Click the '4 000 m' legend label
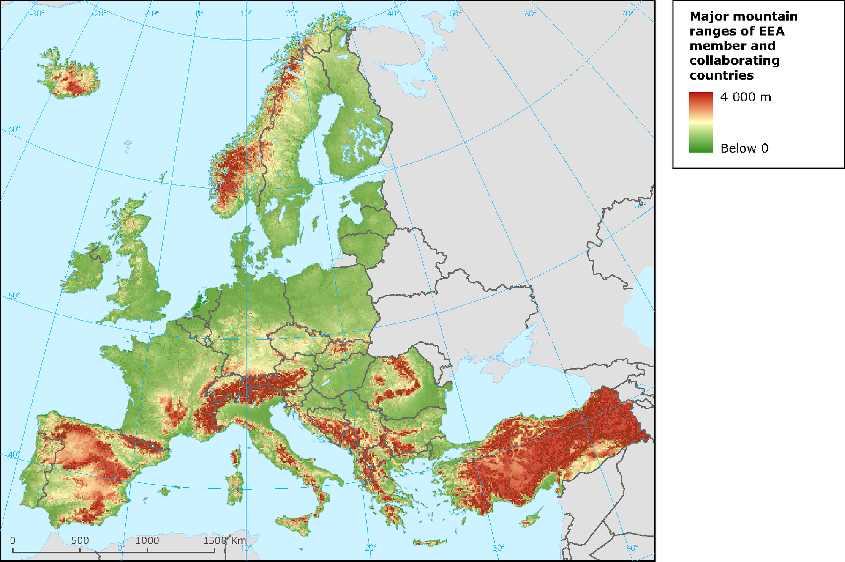click(745, 97)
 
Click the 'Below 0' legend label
click(744, 148)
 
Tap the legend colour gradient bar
click(701, 122)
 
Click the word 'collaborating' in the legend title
click(734, 60)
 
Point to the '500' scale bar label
click(80, 540)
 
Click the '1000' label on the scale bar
click(147, 540)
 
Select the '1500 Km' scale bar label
click(224, 540)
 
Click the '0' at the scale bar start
click(13, 540)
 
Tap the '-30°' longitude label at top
click(37, 14)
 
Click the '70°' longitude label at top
click(627, 14)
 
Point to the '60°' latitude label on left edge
click(14, 129)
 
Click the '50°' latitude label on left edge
click(14, 296)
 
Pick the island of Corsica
click(236, 458)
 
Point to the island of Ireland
click(84, 271)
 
